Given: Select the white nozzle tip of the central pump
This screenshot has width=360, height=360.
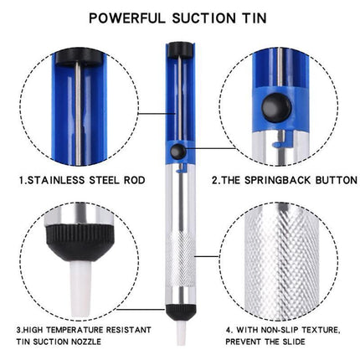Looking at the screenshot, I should (x=178, y=333).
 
